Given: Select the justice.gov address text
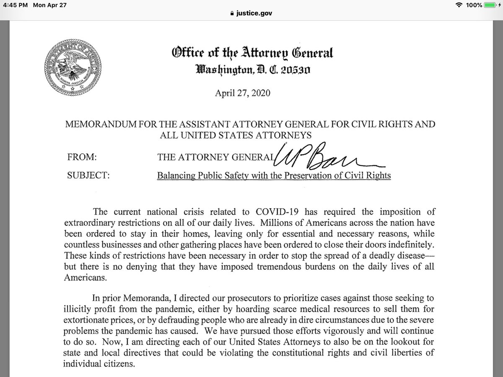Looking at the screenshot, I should [254, 13].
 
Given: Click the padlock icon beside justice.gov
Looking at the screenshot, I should [228, 13].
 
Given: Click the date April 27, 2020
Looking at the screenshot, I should [243, 93].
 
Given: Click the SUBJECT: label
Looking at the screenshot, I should [88, 176].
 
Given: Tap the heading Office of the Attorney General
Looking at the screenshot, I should [252, 53].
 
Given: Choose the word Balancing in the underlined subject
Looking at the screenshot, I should [174, 176].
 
